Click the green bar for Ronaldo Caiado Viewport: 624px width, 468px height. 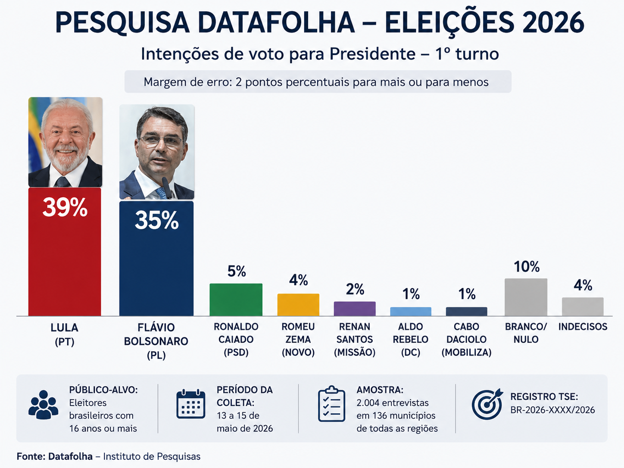[236, 300]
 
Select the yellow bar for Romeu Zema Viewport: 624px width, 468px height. [298, 305]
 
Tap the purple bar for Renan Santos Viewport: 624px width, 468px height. [355, 309]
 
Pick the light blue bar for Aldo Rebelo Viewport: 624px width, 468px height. [411, 312]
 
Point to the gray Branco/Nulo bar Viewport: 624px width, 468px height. [526, 297]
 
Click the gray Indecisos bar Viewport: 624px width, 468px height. [583, 306]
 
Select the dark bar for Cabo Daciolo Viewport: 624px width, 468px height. [467, 312]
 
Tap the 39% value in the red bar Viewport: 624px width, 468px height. [65, 207]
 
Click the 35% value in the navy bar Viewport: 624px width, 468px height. [156, 220]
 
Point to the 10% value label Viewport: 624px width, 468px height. [527, 266]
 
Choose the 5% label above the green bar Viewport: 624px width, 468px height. [237, 271]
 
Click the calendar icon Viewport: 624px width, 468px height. [191, 404]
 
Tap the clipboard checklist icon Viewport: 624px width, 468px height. [331, 404]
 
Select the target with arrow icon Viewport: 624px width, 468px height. [487, 404]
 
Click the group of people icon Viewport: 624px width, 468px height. [43, 405]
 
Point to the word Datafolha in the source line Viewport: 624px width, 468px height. [71, 456]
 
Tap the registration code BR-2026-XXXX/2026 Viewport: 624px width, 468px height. [552, 410]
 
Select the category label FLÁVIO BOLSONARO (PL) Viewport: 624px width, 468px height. [156, 341]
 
